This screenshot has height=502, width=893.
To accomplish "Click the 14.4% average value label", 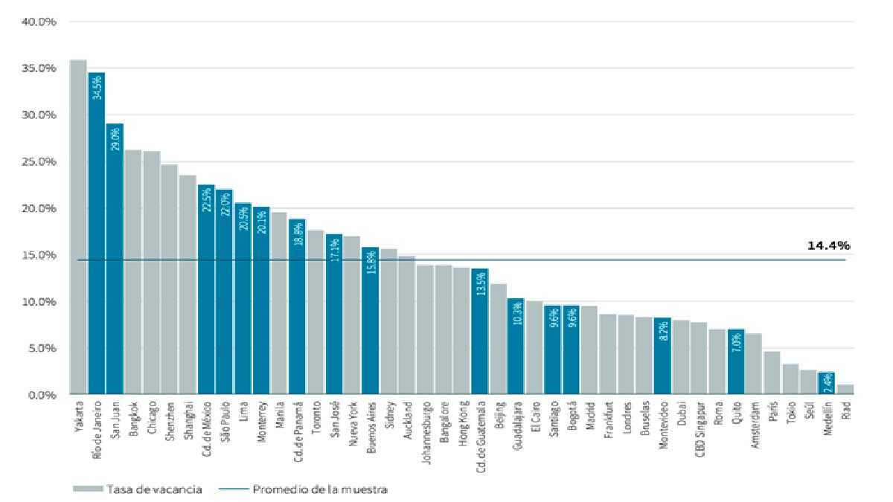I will pos(828,245).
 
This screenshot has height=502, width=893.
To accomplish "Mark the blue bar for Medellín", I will pos(827,384).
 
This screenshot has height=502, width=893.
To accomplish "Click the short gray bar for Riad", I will pos(845,390).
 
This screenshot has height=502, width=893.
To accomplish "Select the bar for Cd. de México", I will pos(206,290).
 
